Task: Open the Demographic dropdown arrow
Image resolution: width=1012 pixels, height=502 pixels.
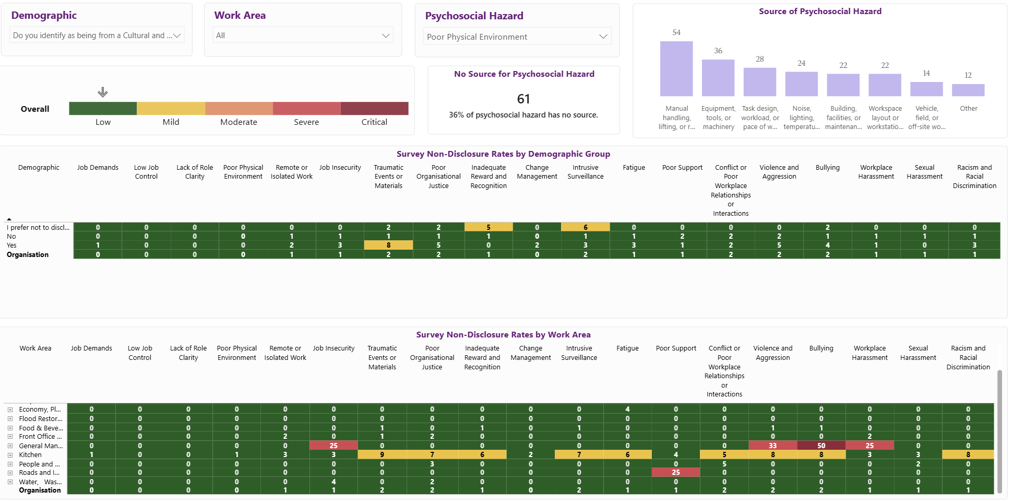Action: click(177, 36)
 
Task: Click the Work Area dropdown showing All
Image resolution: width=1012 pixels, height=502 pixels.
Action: click(303, 36)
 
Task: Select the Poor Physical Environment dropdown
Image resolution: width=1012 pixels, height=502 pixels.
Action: click(517, 37)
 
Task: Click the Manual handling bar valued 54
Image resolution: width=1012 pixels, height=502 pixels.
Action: click(676, 68)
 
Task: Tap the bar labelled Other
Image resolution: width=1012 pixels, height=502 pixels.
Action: click(968, 90)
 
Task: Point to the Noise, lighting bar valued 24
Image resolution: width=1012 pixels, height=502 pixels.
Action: click(801, 84)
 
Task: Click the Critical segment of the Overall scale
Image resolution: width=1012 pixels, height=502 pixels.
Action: click(375, 108)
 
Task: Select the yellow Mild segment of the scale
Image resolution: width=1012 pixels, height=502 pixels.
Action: click(171, 108)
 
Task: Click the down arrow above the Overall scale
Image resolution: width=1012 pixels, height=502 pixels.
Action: click(103, 92)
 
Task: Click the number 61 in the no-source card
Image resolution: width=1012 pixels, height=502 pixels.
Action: click(523, 99)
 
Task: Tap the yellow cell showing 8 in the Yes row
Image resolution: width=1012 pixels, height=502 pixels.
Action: click(388, 245)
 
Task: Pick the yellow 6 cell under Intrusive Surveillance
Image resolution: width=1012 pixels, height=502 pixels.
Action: click(586, 227)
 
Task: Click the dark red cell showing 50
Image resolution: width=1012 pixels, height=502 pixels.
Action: click(821, 446)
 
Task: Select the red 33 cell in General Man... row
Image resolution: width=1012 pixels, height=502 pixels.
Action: click(773, 446)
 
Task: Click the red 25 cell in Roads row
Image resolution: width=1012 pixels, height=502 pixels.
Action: click(676, 472)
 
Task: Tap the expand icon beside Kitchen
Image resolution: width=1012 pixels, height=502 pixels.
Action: click(10, 455)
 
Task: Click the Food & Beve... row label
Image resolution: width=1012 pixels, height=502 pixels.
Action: click(41, 428)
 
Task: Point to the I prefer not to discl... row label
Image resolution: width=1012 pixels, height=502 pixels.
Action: click(38, 227)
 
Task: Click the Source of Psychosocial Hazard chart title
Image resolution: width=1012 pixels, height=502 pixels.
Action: click(820, 11)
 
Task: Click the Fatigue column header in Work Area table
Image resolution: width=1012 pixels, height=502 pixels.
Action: click(627, 348)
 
